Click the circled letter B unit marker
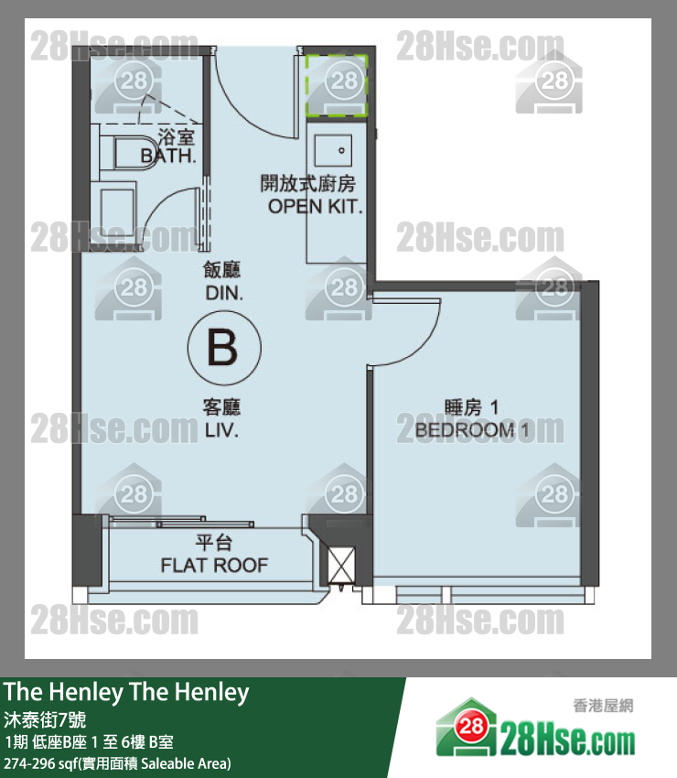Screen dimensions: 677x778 click(224, 348)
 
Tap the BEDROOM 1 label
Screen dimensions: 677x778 click(472, 429)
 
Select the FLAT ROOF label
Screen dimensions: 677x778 click(214, 565)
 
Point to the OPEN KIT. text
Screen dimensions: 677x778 click(315, 207)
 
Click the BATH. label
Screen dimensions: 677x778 click(168, 156)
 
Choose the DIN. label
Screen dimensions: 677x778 click(224, 293)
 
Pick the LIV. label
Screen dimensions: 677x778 click(221, 429)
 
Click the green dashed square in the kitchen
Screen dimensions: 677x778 click(337, 86)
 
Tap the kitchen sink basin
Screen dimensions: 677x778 click(333, 150)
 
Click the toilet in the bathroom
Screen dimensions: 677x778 click(126, 153)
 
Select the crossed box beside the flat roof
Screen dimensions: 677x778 click(342, 565)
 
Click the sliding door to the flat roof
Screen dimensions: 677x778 click(182, 522)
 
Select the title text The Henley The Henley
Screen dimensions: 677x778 click(126, 692)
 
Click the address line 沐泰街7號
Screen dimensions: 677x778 click(45, 719)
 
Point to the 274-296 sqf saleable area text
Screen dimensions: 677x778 click(117, 763)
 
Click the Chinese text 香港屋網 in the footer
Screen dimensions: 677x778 click(603, 706)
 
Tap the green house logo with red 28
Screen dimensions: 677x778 click(467, 727)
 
